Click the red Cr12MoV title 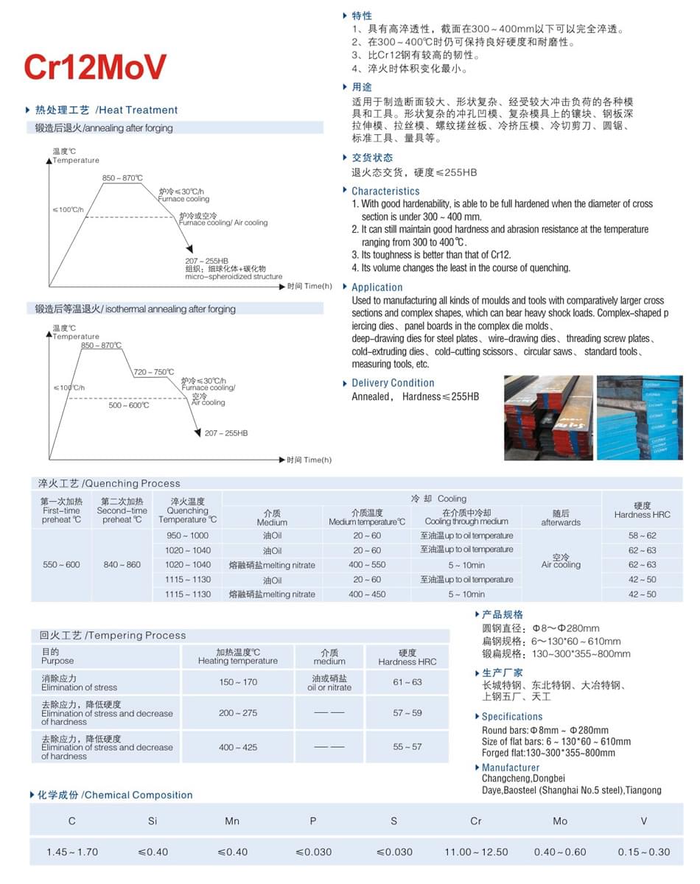(x=95, y=66)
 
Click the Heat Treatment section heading (x=107, y=110)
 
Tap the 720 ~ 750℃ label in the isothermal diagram (x=153, y=372)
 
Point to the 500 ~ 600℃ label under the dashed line (x=129, y=405)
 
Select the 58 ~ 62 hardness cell (x=642, y=536)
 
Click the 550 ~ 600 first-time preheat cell (x=61, y=564)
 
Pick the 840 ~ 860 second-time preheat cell (x=122, y=564)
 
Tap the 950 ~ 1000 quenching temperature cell (x=187, y=536)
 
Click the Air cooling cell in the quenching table (x=561, y=561)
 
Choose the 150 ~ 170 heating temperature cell (x=238, y=682)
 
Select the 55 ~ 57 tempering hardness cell (x=407, y=747)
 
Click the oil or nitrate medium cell (x=329, y=683)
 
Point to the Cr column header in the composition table (x=475, y=821)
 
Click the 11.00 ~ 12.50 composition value (x=476, y=852)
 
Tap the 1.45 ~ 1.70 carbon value (x=72, y=852)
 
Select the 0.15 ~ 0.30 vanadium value (x=643, y=852)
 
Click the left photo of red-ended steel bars (x=548, y=418)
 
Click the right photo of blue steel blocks (x=639, y=418)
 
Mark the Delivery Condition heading (x=393, y=383)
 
